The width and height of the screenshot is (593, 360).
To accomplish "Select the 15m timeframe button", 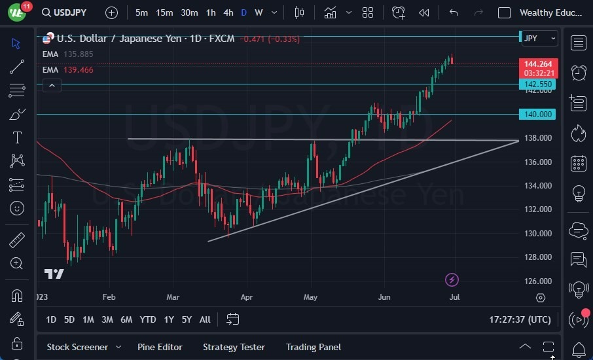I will pos(164,12).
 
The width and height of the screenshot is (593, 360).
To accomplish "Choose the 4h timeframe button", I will pos(228,12).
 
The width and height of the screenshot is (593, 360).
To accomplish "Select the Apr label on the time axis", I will pos(246,297).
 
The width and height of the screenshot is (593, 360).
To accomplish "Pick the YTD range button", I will pos(148,319).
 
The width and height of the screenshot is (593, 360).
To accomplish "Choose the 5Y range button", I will pos(187,319).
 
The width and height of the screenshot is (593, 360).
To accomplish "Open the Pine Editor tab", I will pos(160,347).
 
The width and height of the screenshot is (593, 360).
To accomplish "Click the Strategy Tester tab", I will pos(234,347).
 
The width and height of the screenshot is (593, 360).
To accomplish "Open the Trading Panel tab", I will pos(314,347).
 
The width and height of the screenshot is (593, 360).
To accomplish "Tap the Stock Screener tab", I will pos(77,347).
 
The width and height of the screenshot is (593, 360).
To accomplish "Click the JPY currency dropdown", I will pos(539,38).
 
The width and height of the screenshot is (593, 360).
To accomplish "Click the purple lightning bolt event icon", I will pos(452,280).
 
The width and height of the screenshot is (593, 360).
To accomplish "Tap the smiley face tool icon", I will pos(17,209).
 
